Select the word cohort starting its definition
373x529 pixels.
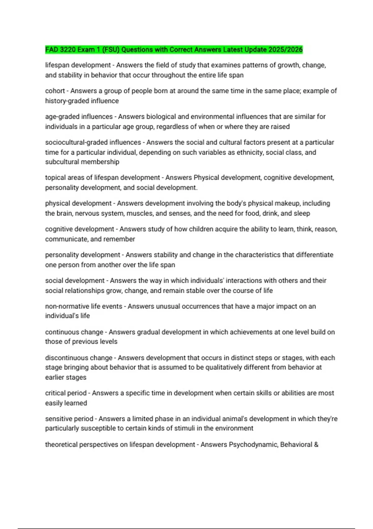click(x=55, y=91)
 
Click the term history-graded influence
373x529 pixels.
click(x=82, y=101)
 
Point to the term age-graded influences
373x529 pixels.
click(x=79, y=117)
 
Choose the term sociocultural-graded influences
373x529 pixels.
click(x=93, y=142)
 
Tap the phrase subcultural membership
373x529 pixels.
click(x=82, y=162)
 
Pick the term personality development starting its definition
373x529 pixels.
click(x=82, y=255)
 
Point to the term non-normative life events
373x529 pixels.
click(x=84, y=306)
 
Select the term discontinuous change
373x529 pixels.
click(x=79, y=358)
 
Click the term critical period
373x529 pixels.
click(x=66, y=393)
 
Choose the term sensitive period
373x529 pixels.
click(x=69, y=419)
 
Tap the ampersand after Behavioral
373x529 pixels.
click(x=316, y=445)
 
